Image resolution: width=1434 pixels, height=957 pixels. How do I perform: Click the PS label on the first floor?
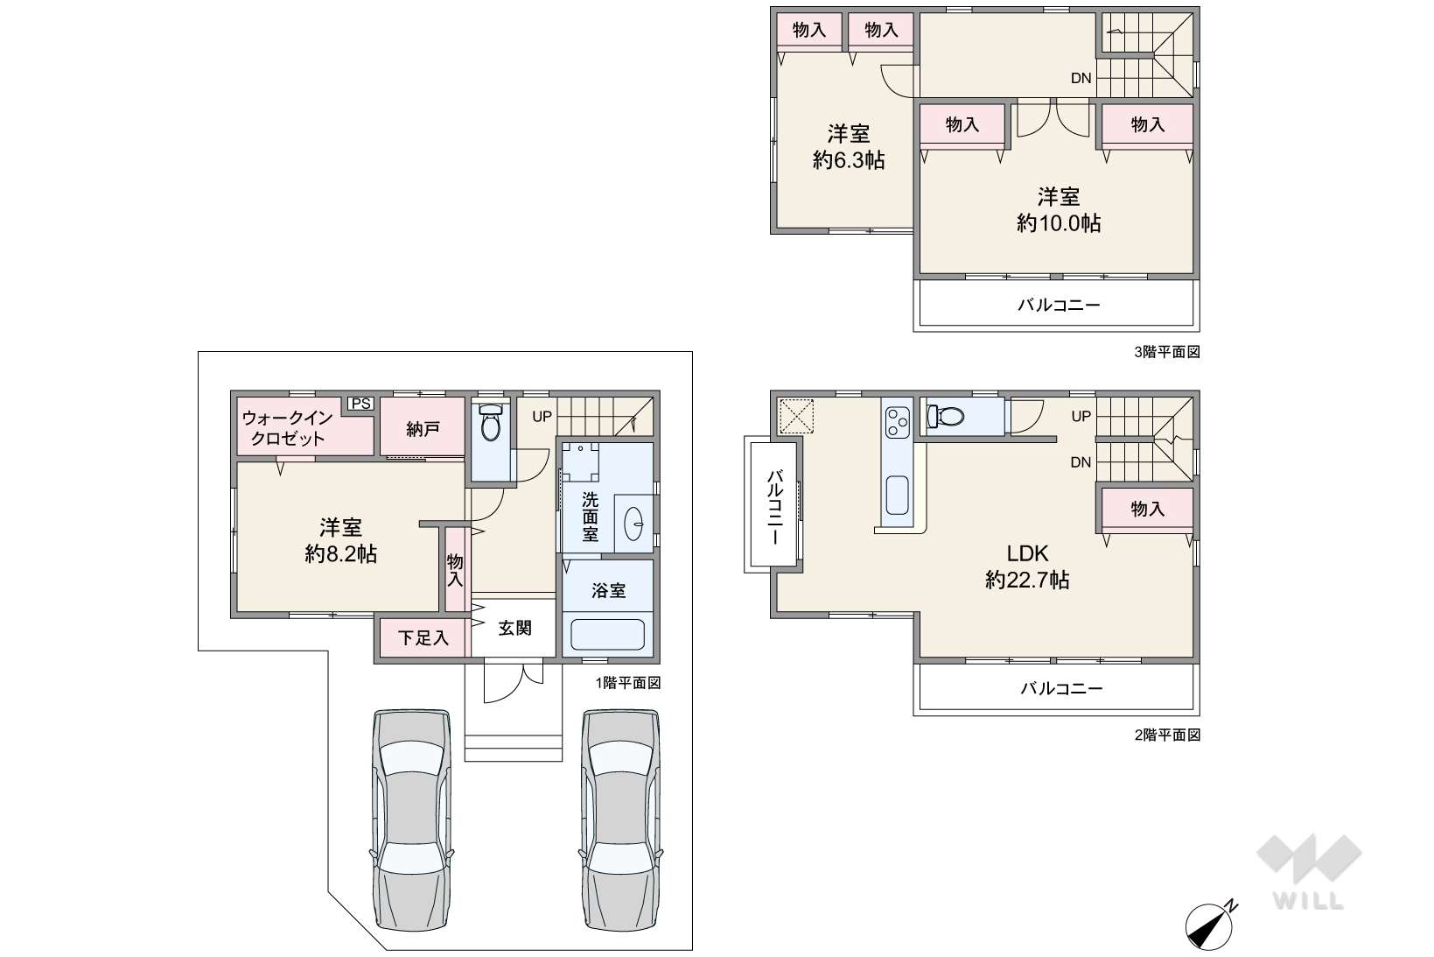pyautogui.click(x=361, y=404)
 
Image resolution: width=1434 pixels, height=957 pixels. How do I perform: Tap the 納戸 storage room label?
pyautogui.click(x=423, y=428)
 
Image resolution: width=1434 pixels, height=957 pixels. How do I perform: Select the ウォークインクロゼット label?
pyautogui.click(x=288, y=428)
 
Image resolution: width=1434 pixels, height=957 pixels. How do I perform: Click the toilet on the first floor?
pyautogui.click(x=490, y=422)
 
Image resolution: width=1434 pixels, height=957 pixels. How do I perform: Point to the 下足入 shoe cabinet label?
pyautogui.click(x=423, y=638)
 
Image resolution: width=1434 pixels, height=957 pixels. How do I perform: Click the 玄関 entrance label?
pyautogui.click(x=514, y=628)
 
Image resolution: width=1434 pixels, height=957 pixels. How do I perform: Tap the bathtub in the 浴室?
pyautogui.click(x=607, y=634)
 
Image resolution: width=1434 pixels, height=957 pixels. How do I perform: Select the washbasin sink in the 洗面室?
pyautogui.click(x=633, y=524)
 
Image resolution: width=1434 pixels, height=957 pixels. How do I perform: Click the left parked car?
pyautogui.click(x=411, y=820)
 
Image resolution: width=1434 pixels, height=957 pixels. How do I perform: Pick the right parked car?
pyautogui.click(x=621, y=820)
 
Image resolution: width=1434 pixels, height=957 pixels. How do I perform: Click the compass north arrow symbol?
pyautogui.click(x=1210, y=926)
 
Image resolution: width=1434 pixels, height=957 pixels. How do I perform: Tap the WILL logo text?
pyautogui.click(x=1309, y=900)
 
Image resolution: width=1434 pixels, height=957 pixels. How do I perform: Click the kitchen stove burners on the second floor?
pyautogui.click(x=897, y=423)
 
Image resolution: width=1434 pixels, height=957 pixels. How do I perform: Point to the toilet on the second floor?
pyautogui.click(x=946, y=417)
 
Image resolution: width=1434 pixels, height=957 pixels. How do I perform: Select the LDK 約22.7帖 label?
pyautogui.click(x=1027, y=566)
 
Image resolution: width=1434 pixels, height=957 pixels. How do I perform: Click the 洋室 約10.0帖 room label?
pyautogui.click(x=1059, y=209)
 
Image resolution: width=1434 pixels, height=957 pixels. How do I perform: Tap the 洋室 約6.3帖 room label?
pyautogui.click(x=849, y=147)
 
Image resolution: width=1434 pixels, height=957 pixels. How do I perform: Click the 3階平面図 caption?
pyautogui.click(x=1167, y=352)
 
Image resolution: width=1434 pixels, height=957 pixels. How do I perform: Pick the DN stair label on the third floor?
pyautogui.click(x=1081, y=78)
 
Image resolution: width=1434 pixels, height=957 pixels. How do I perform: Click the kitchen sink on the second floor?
pyautogui.click(x=897, y=496)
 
